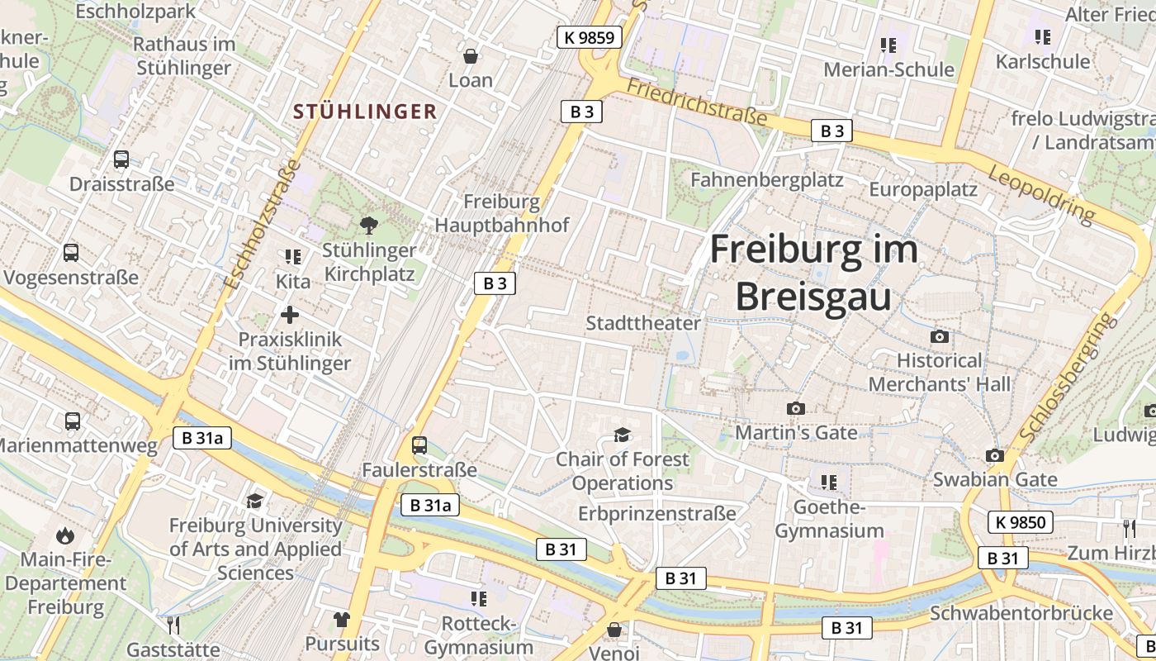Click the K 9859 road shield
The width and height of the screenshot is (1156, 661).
(589, 37)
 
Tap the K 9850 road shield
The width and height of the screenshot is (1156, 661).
(1021, 522)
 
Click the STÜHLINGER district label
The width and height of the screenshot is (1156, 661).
(365, 112)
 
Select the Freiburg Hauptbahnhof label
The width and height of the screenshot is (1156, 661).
(502, 213)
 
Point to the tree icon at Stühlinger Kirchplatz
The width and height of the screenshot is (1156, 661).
(369, 224)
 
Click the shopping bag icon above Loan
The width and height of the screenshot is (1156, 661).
(471, 56)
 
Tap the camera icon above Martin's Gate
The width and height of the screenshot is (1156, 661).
(796, 408)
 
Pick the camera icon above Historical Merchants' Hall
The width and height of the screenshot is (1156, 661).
(939, 337)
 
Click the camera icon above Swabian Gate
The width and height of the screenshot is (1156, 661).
(995, 456)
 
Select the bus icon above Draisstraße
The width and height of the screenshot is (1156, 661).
(121, 159)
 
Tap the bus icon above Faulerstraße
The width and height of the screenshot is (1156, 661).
(419, 445)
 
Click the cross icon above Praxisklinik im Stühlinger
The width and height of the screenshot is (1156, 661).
(290, 315)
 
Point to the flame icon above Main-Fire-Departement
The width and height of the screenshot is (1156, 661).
(65, 536)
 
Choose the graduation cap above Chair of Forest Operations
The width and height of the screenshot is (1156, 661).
(622, 435)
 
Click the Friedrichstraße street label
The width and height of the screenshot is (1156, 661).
(697, 102)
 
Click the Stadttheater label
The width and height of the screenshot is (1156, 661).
(643, 323)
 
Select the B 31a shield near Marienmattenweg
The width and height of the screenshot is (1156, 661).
(201, 439)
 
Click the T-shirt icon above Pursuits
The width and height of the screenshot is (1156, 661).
(342, 619)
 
